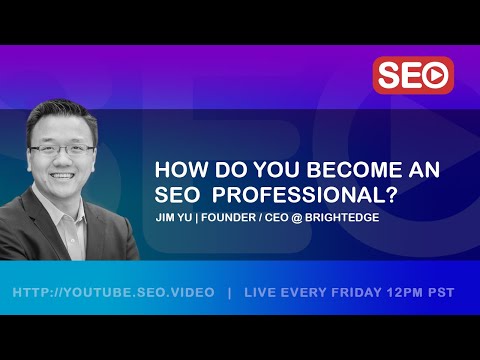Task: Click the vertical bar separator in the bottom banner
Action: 230,293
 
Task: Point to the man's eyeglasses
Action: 64,149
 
